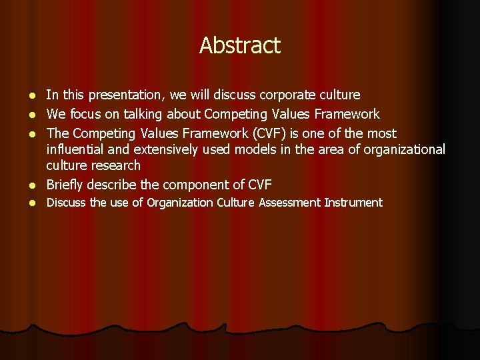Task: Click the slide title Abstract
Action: coord(240,45)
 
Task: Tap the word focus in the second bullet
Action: coord(85,114)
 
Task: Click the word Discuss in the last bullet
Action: coord(65,203)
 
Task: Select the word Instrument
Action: coord(353,203)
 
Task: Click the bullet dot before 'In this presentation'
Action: coord(34,96)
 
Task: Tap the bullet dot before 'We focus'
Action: coord(34,115)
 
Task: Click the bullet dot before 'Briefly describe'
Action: coord(34,185)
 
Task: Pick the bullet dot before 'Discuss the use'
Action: coord(34,203)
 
